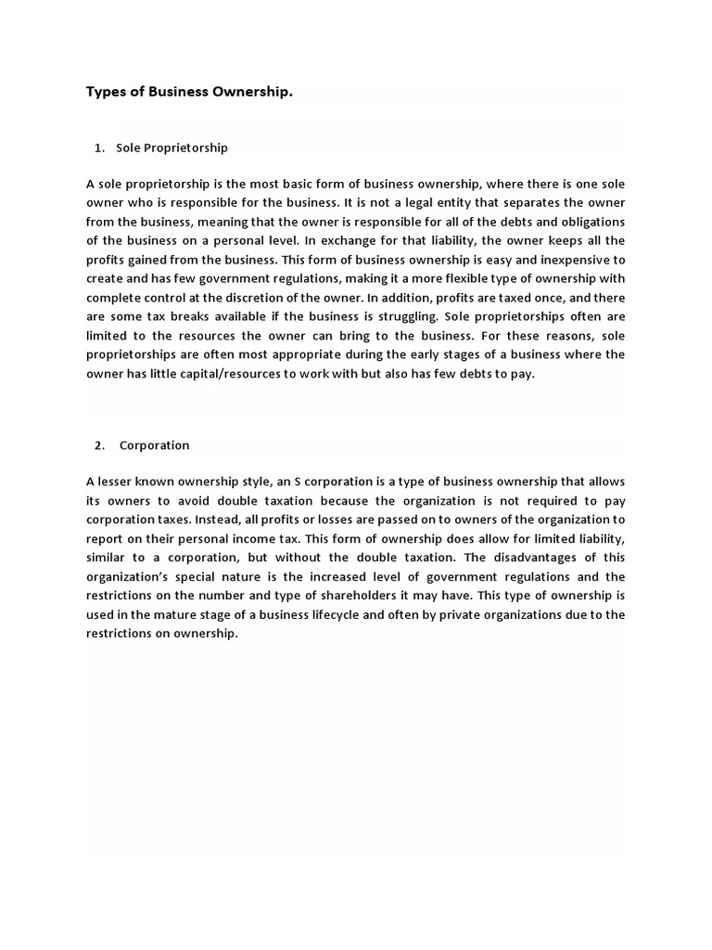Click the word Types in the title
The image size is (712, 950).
[106, 92]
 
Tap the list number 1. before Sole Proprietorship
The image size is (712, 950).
[99, 148]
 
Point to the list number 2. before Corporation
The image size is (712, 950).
[99, 445]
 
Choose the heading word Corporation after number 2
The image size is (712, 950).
[154, 445]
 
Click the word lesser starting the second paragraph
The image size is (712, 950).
[116, 481]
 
